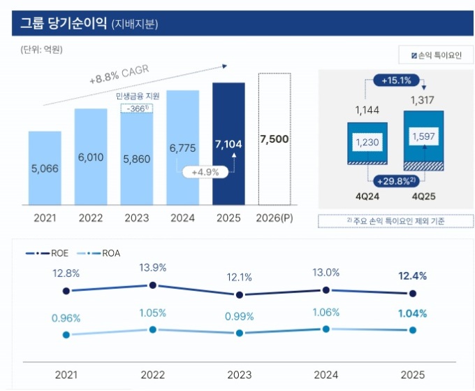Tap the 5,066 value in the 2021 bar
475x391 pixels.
point(45,168)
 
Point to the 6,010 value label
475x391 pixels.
point(91,157)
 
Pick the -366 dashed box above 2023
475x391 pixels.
point(137,108)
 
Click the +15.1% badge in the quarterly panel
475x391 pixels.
point(395,80)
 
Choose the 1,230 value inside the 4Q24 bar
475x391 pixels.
point(367,142)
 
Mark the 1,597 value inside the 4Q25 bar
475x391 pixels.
point(424,136)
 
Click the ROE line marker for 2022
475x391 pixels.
point(153,285)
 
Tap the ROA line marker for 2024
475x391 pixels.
point(326,328)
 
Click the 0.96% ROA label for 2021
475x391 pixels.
point(66,319)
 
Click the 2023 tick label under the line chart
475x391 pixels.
point(240,375)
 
